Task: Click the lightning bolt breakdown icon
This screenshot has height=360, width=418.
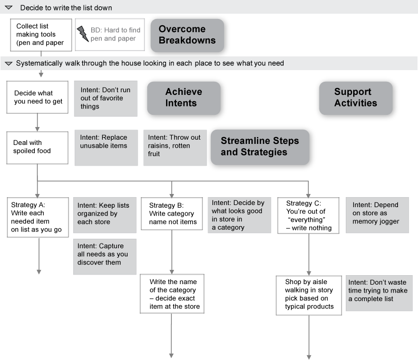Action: coord(83,34)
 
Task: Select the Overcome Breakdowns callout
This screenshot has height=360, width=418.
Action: coord(187,35)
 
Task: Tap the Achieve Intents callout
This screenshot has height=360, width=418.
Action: coord(183,98)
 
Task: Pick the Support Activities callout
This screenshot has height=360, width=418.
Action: coord(356,98)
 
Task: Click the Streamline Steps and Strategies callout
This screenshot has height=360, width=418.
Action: coord(260,147)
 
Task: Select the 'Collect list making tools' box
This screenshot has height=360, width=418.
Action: coord(41,35)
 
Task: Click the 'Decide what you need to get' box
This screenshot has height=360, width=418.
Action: coord(37,97)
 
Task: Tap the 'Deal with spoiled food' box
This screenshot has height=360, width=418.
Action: coord(37,148)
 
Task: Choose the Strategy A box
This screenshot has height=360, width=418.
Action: coord(38,217)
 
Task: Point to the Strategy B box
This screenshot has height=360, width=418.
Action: coord(172,213)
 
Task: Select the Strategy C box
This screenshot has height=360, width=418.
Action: coord(308,216)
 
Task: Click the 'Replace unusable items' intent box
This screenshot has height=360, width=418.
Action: coord(106,148)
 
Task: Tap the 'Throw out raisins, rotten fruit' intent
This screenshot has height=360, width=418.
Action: coord(175,148)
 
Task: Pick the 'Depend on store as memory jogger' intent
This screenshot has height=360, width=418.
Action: coord(377,215)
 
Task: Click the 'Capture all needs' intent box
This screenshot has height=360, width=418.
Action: coord(105,257)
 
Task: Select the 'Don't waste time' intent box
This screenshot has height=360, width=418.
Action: coord(379,293)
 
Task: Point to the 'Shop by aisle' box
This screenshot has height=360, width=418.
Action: coord(309,296)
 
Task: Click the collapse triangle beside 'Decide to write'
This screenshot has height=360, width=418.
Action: coord(8,8)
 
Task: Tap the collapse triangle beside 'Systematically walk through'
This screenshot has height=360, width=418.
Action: coord(8,63)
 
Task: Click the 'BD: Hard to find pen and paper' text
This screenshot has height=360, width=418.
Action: coord(115,34)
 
